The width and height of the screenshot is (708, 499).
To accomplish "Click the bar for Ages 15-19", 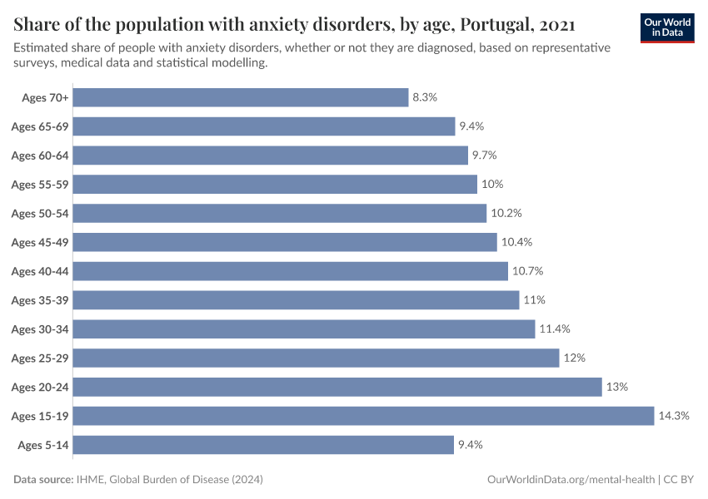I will point(364,416).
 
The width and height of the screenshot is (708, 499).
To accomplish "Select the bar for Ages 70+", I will point(242,97).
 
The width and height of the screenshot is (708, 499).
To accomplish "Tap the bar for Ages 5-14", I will point(264,445).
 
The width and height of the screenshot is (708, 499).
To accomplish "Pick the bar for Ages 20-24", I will point(337,387).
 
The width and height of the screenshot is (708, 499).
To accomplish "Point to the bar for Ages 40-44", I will point(291,271).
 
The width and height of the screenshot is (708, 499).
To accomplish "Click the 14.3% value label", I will point(674,416).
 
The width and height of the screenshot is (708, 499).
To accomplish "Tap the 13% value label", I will point(617,387).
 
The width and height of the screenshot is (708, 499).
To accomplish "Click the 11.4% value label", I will point(555,329).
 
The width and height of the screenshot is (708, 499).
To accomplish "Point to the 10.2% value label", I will point(506,214).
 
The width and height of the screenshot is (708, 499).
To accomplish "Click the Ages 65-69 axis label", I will point(40,126).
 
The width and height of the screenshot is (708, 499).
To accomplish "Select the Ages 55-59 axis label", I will point(40,185).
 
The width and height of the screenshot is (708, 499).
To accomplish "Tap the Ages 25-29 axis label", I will point(40,358).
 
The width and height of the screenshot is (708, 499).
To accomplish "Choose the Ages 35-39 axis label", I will point(40,300).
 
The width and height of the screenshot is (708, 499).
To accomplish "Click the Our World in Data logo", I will point(667,27).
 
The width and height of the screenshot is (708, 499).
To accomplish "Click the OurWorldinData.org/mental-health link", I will point(570,480).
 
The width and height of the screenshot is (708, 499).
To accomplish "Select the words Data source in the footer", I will point(43,480).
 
